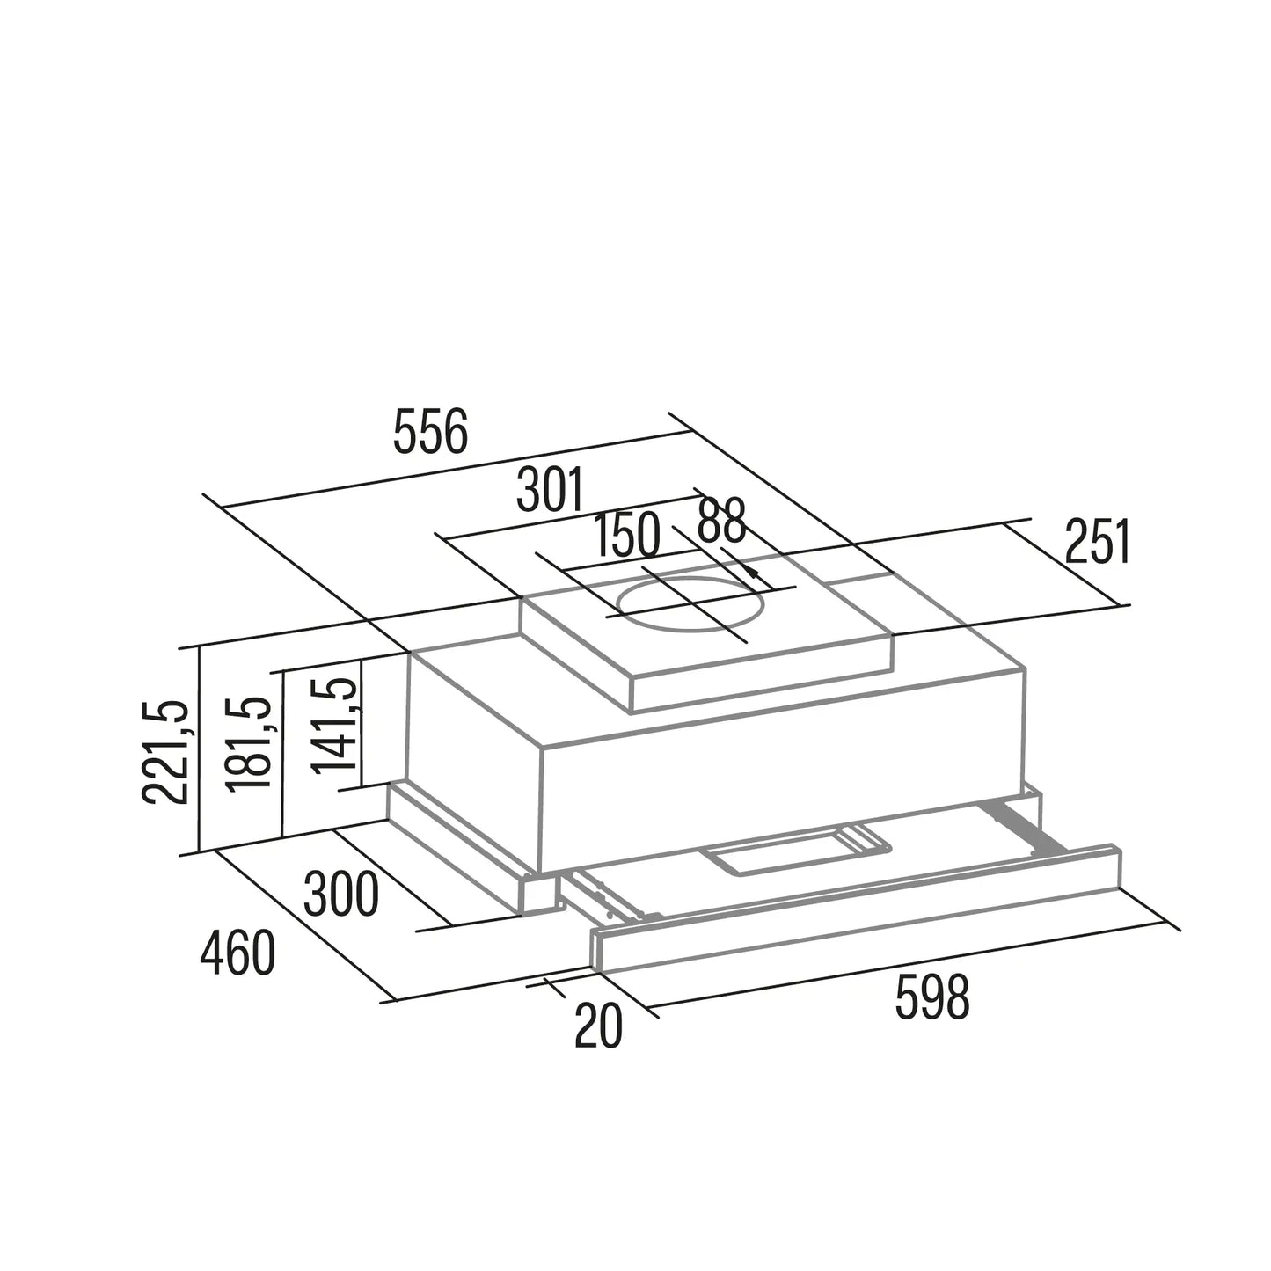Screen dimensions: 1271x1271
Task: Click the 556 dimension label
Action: click(x=430, y=431)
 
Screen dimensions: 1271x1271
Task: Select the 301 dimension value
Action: click(x=550, y=489)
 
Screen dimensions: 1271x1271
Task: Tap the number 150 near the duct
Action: click(x=626, y=534)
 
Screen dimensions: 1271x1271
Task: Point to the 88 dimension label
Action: click(x=721, y=521)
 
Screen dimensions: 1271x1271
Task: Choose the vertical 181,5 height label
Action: click(x=248, y=742)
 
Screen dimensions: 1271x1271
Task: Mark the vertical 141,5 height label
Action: click(x=334, y=725)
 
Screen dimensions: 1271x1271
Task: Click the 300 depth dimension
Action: click(x=341, y=894)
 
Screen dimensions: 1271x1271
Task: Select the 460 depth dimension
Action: click(x=237, y=953)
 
